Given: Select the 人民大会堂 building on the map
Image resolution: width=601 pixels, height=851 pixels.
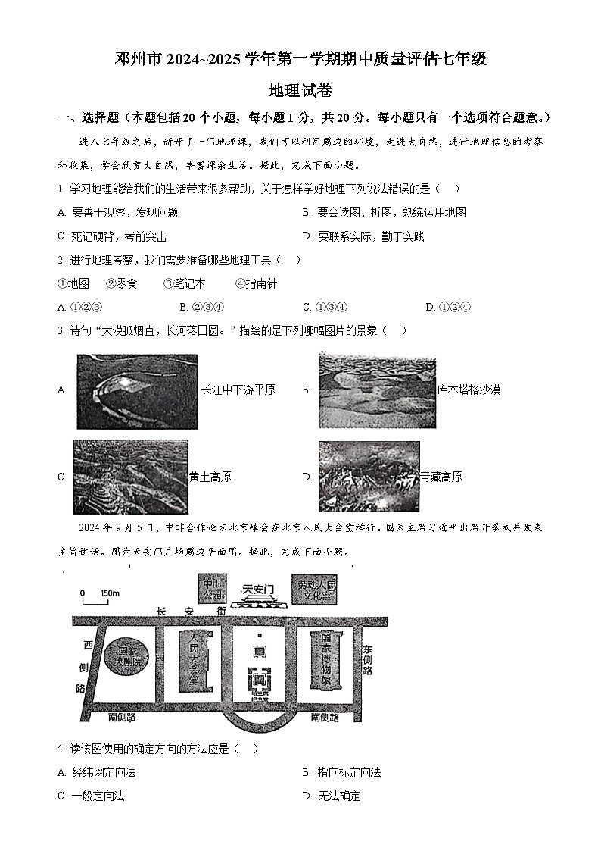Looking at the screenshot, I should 193,658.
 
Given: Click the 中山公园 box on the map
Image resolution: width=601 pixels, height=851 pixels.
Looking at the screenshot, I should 210,588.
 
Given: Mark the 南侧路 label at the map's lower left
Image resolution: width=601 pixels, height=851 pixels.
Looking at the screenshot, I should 122,716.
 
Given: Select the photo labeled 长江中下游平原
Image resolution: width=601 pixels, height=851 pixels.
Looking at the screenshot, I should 136,391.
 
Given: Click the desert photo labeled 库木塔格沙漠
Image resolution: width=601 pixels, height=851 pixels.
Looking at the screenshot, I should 377,390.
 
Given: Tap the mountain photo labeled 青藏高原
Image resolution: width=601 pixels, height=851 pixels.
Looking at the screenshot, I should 369,477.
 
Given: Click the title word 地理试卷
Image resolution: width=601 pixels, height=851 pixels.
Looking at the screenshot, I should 300,90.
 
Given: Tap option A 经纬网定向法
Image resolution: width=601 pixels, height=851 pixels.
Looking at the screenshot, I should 97,772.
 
